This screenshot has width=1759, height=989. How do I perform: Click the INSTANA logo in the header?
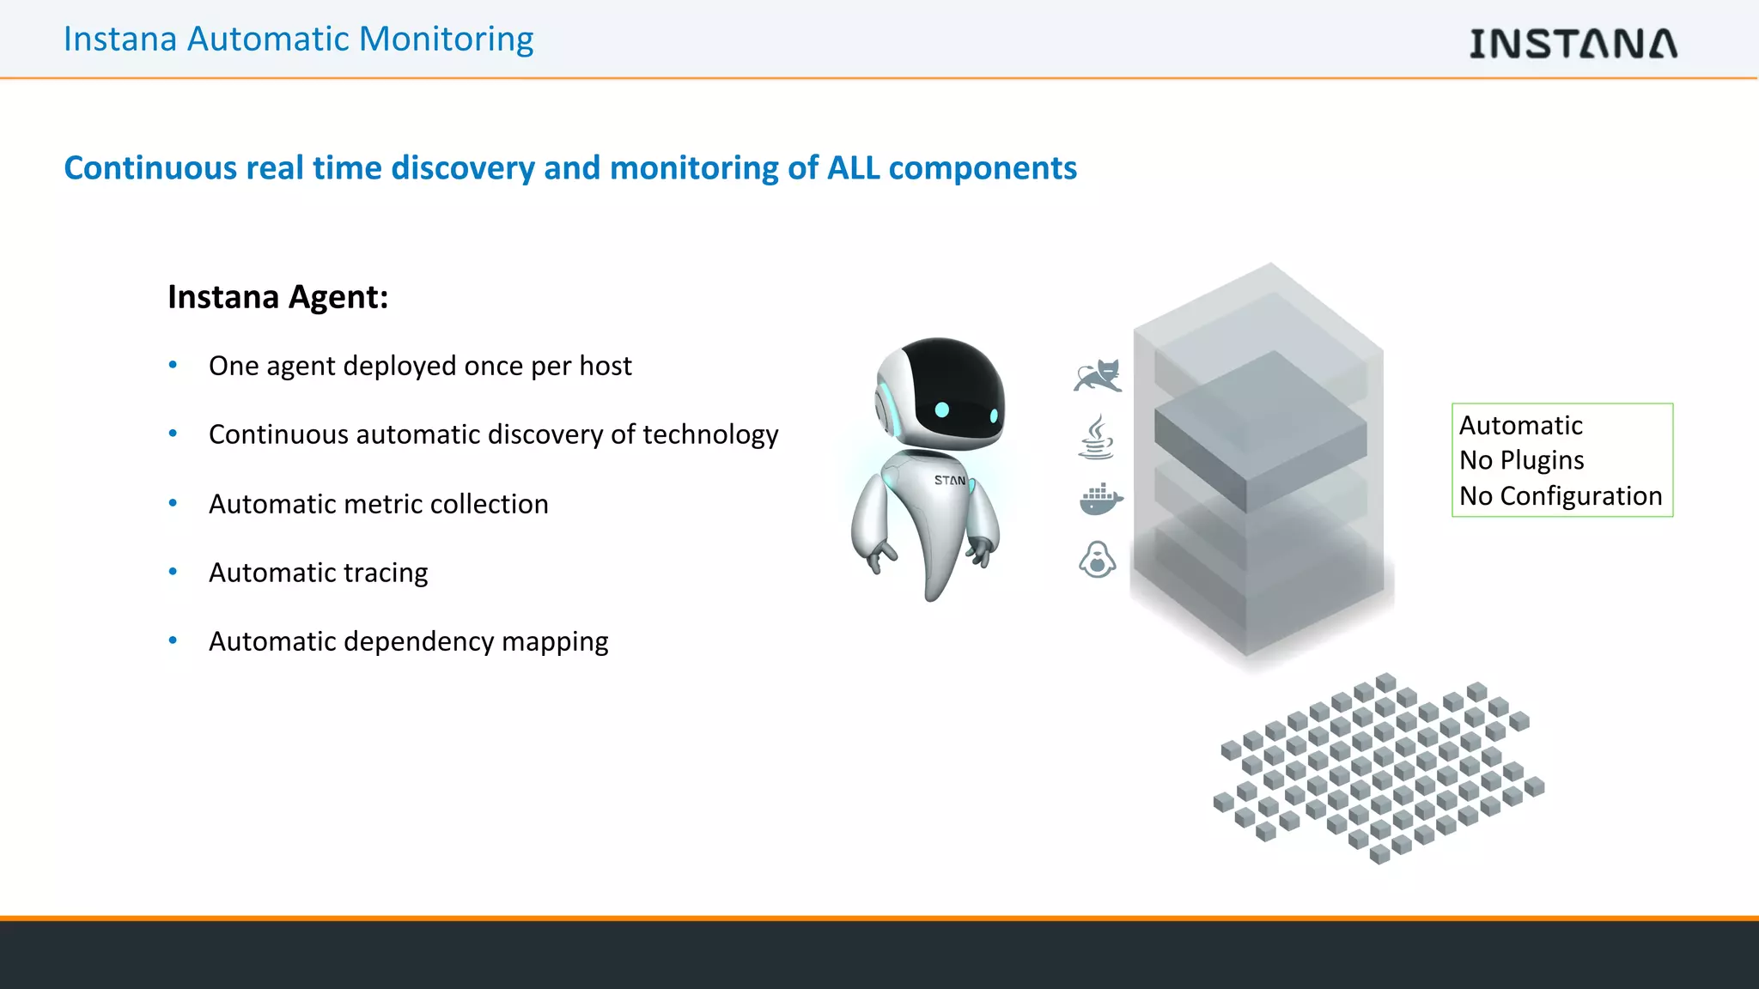point(1573,43)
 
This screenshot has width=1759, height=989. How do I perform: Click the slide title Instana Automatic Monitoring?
point(298,39)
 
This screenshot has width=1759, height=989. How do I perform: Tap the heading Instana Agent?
point(277,297)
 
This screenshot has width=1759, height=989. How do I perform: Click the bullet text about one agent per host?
point(420,366)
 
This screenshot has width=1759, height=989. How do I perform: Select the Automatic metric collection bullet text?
point(378,504)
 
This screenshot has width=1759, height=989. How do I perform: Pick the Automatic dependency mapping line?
point(408,641)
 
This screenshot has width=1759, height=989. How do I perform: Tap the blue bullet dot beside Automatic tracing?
point(173,572)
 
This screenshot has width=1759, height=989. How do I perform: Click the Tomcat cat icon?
point(1098,376)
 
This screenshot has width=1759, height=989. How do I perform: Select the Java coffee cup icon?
point(1096,437)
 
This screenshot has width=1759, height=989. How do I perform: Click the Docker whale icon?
point(1100,499)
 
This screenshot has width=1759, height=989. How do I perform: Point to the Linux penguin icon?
point(1097,560)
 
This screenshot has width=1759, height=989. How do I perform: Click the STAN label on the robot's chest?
point(949,481)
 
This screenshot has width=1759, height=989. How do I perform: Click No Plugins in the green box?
point(1521,461)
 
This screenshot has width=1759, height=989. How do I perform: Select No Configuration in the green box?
point(1561,496)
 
